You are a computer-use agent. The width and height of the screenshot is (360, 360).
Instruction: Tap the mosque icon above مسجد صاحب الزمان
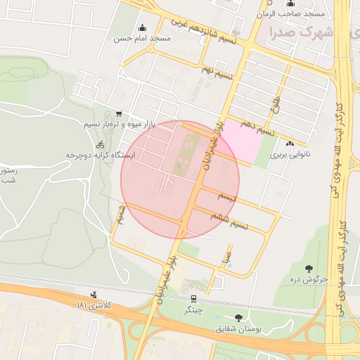click(x=291, y=4)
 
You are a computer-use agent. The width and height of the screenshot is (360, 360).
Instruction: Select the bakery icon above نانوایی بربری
click(x=290, y=143)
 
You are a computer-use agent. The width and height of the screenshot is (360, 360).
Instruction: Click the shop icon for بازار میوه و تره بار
click(x=118, y=113)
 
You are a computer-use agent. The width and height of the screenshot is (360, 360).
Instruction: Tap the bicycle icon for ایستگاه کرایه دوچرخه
click(x=100, y=144)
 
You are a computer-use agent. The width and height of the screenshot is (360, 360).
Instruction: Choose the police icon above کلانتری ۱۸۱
click(x=94, y=295)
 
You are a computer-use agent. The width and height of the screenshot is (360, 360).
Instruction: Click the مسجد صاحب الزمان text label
click(x=300, y=14)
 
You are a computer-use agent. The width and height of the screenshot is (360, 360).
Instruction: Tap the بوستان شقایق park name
click(x=238, y=328)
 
